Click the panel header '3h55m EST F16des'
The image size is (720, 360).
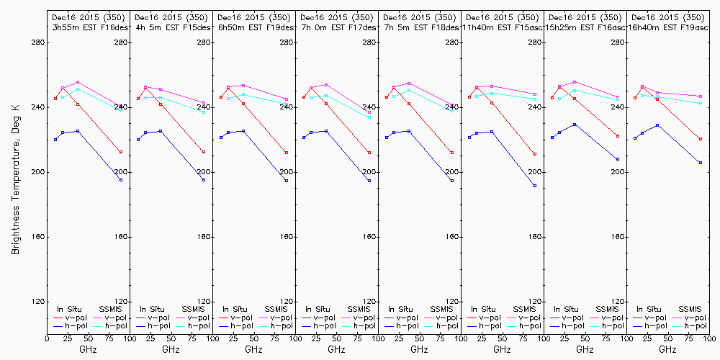pyautogui.click(x=88, y=27)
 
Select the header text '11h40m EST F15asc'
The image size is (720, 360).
pyautogui.click(x=502, y=27)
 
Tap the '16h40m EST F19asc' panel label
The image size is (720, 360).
pyautogui.click(x=667, y=27)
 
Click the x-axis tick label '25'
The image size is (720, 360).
pyautogui.click(x=63, y=337)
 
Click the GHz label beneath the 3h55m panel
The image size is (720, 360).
pyautogui.click(x=88, y=349)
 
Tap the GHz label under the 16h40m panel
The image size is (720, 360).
pyautogui.click(x=667, y=349)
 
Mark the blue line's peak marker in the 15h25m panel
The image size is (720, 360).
pyautogui.click(x=575, y=125)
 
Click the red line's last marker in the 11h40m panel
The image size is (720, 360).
pyautogui.click(x=535, y=154)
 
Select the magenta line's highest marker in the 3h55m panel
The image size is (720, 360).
pyautogui.click(x=78, y=82)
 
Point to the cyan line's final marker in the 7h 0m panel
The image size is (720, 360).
pyautogui.click(x=369, y=117)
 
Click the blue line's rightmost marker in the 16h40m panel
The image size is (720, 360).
pyautogui.click(x=701, y=163)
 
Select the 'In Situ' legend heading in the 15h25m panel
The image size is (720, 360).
pyautogui.click(x=566, y=308)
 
